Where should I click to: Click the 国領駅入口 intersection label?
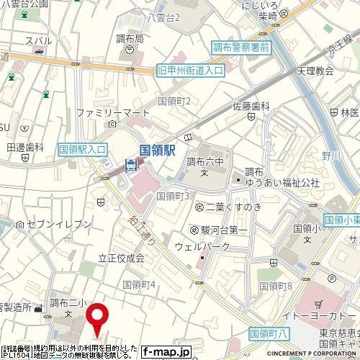click(82, 148)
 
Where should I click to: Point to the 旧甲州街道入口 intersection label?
click(191, 71)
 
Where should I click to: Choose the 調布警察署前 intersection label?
click(240, 48)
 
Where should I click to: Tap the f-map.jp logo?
click(166, 351)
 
